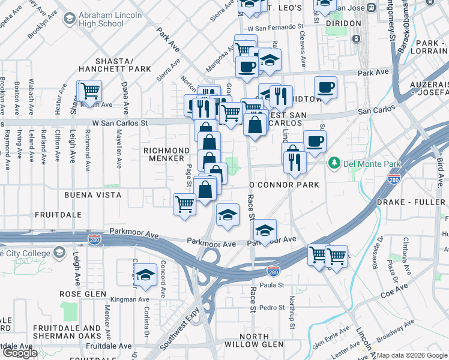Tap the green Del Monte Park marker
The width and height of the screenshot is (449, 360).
(x=334, y=163)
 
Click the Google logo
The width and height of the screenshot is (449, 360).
(x=20, y=353)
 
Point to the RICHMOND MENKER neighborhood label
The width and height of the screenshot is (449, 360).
(x=163, y=154)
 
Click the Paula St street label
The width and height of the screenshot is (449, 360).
(x=271, y=286)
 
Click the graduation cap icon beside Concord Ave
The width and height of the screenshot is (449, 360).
(x=145, y=275)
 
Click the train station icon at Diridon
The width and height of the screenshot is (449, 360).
(x=356, y=38)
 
